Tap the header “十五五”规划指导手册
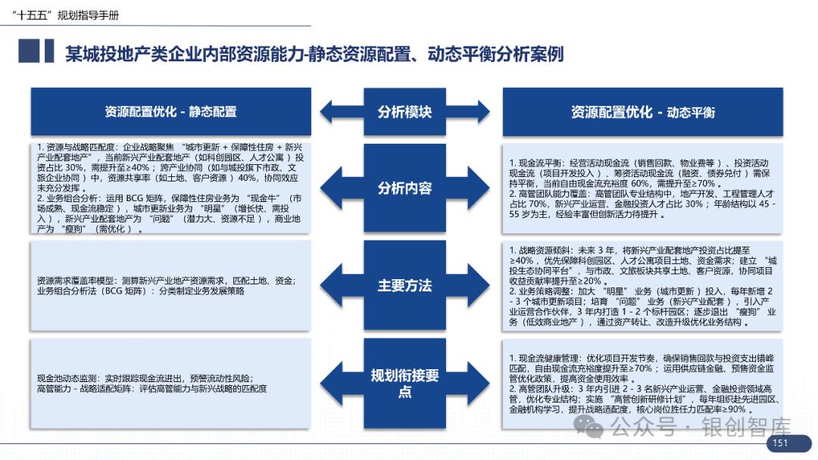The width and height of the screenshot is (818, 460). (x=71, y=15)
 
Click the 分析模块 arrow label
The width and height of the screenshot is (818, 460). (x=404, y=112)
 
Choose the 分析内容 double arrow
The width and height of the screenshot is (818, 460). (x=404, y=188)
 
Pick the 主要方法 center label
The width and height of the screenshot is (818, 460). (x=404, y=285)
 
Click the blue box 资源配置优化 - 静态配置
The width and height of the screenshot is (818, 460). (x=170, y=112)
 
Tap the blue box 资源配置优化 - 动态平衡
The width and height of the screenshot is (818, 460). (x=643, y=112)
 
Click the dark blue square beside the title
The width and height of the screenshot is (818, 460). (x=28, y=51)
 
